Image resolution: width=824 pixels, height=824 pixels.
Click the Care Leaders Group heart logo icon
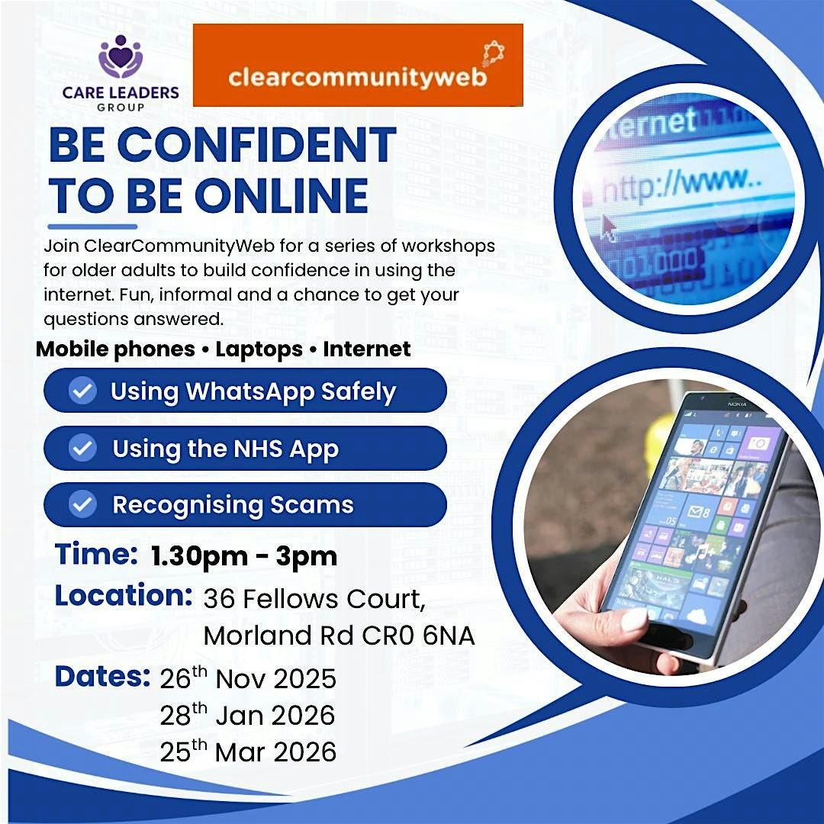tap(121, 56)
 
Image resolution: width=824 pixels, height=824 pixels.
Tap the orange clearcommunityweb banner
tap(358, 65)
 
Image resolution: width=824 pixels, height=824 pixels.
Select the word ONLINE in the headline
tap(282, 196)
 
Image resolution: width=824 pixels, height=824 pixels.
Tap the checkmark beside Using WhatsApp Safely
tap(82, 391)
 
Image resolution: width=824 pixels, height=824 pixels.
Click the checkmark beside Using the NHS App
tap(82, 448)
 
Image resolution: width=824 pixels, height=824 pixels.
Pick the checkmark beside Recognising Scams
tap(82, 504)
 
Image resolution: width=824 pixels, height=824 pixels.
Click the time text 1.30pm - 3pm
tap(244, 556)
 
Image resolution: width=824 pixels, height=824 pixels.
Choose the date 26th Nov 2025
tap(248, 678)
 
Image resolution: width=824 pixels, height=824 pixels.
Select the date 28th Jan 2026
tap(248, 715)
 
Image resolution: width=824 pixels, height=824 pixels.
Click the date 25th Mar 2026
tap(248, 752)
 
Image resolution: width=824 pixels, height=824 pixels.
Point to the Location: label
tap(123, 596)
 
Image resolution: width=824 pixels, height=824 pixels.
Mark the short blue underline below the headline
tap(92, 226)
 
